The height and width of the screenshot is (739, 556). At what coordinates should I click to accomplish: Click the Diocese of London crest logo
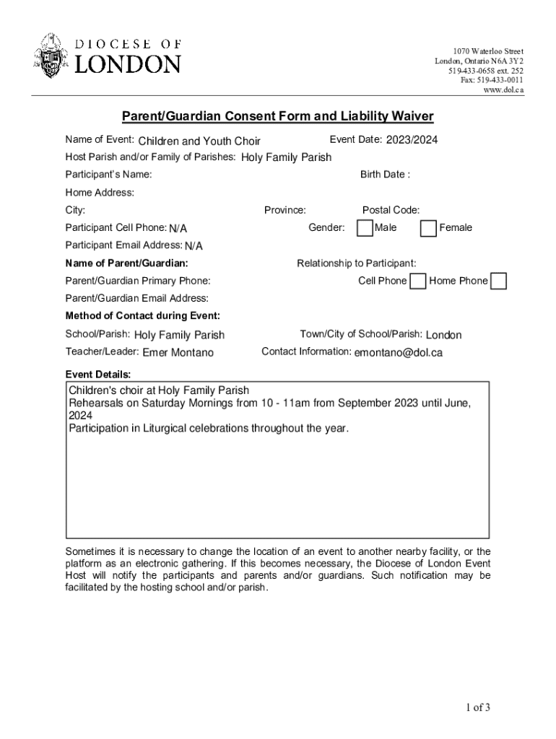(x=50, y=56)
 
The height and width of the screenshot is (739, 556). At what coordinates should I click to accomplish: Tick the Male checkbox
(x=365, y=228)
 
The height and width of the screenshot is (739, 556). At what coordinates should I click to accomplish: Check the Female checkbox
(x=428, y=228)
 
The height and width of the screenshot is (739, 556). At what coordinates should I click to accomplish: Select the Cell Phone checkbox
(x=417, y=281)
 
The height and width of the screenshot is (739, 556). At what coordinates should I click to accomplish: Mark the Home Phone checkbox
(x=498, y=281)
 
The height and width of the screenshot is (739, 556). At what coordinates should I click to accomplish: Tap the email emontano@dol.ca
(x=398, y=353)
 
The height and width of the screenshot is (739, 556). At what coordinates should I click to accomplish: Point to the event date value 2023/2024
(x=412, y=140)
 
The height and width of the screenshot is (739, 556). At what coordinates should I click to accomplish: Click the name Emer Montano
(x=178, y=353)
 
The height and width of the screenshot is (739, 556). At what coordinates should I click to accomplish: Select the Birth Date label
(x=385, y=175)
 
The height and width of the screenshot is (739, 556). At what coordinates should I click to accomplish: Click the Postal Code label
(x=391, y=210)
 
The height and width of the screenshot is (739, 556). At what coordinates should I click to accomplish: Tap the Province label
(x=284, y=210)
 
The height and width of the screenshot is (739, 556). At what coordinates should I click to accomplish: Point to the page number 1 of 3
(x=478, y=707)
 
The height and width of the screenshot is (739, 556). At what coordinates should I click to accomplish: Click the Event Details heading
(x=98, y=374)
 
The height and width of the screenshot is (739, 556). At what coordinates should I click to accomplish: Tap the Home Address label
(x=100, y=193)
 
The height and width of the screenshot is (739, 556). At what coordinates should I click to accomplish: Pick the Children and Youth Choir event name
(x=199, y=141)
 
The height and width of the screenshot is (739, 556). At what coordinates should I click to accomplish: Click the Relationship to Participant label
(x=356, y=263)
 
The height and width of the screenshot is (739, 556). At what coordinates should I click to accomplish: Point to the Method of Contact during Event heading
(x=143, y=316)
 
